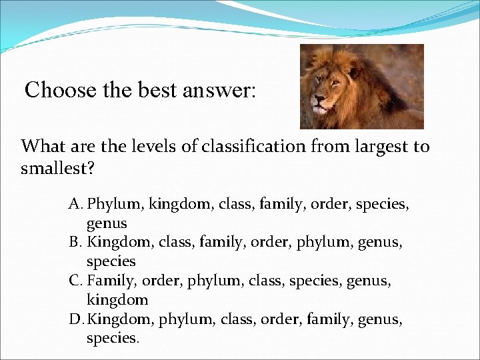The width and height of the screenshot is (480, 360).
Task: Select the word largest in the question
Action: tap(368, 146)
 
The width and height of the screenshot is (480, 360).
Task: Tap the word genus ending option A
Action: tap(107, 223)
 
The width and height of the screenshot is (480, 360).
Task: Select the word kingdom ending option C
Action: tap(117, 299)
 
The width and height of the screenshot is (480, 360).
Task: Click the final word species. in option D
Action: tap(113, 339)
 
